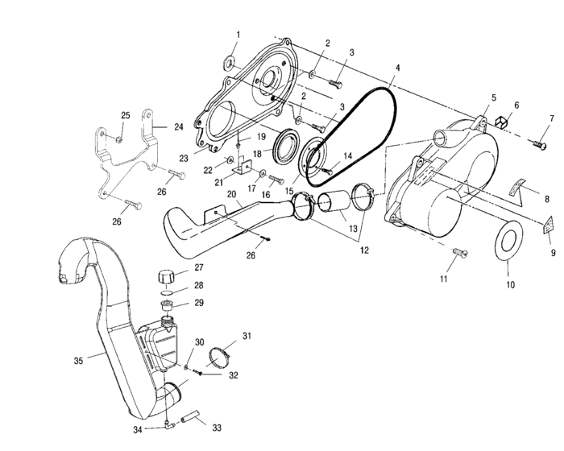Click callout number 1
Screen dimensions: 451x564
(238, 35)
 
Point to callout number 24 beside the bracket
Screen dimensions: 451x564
(179, 126)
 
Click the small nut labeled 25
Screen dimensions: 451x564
(118, 139)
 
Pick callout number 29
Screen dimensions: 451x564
(199, 303)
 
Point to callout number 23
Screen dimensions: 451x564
(184, 159)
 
